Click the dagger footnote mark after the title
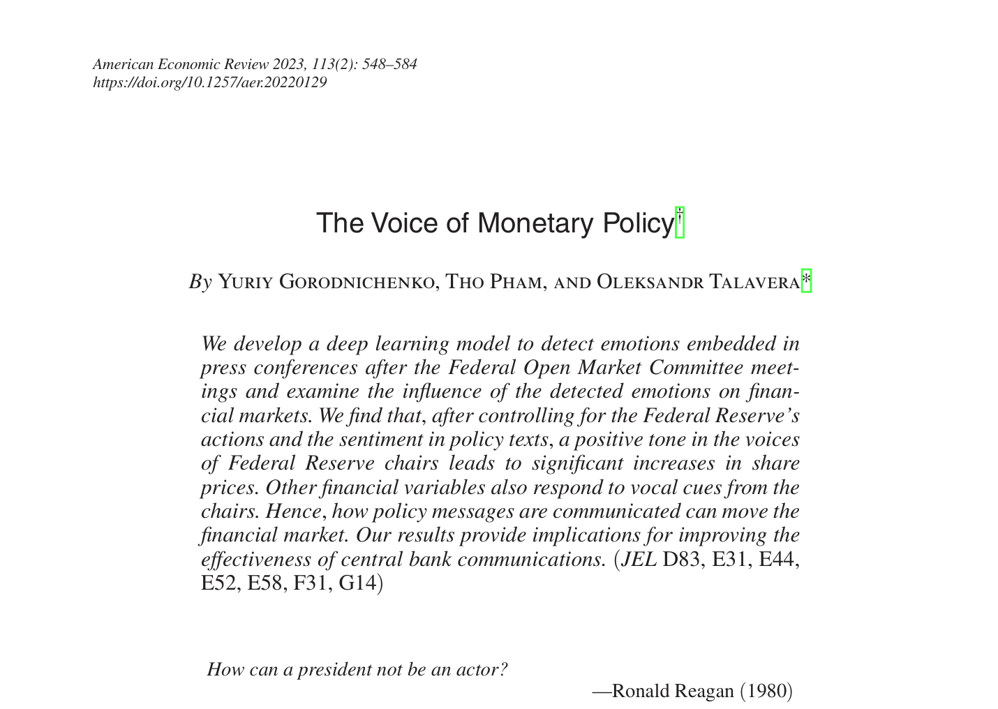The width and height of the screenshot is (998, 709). (x=680, y=222)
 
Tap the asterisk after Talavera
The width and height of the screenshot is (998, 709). (x=806, y=281)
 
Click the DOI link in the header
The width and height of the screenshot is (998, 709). (x=209, y=82)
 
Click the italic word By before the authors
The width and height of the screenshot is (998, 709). (x=200, y=281)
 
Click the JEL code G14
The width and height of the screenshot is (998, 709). (x=360, y=583)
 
